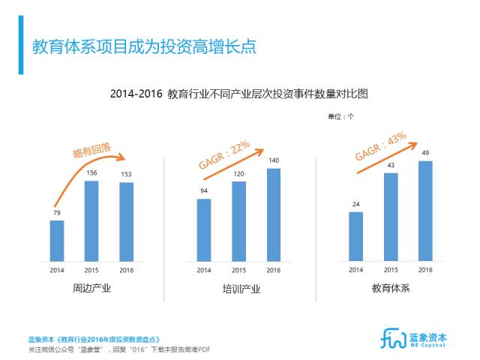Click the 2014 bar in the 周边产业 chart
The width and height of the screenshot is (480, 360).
pos(57,240)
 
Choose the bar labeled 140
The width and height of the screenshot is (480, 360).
pos(274,214)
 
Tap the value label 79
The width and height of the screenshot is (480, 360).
pos(57,214)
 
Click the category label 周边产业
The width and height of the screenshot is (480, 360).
pos(91,288)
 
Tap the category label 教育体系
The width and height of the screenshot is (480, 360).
pos(391,288)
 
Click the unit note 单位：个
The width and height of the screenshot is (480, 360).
pos(341,116)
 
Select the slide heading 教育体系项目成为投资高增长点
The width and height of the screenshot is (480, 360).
pos(143,46)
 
